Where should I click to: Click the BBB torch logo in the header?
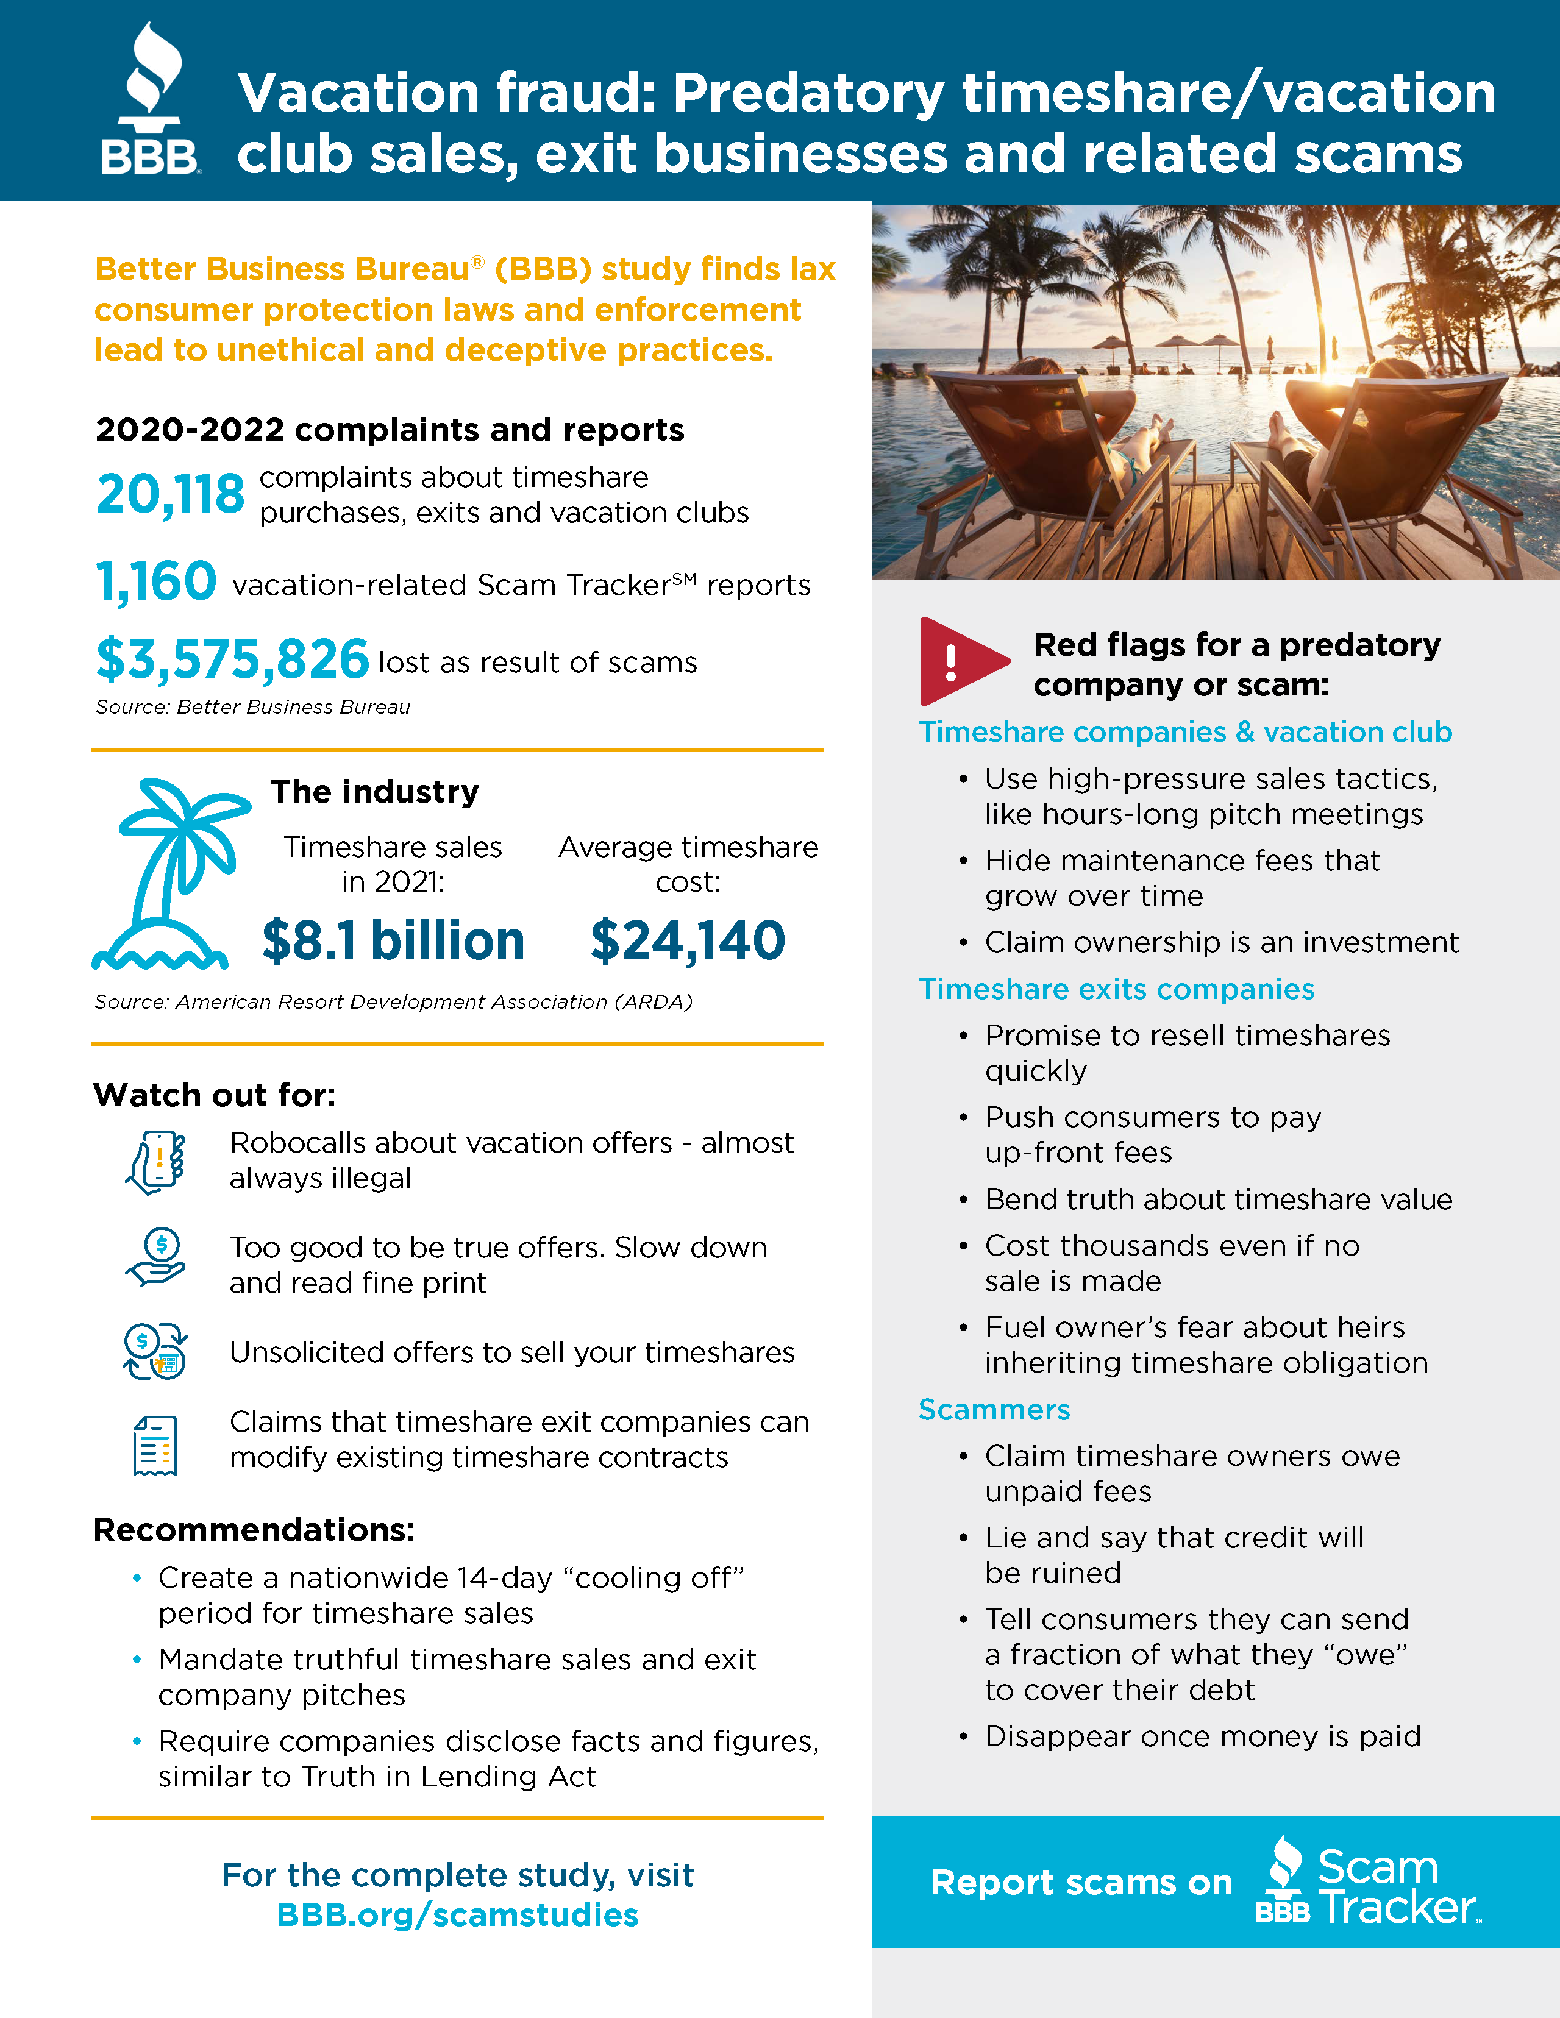point(151,100)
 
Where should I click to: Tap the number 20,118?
point(171,494)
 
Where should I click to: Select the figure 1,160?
point(156,582)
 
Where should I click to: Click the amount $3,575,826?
point(232,659)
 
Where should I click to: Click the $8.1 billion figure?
point(393,940)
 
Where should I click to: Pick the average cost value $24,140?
point(688,940)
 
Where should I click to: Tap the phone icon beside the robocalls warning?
point(156,1162)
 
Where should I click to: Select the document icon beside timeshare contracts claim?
point(155,1444)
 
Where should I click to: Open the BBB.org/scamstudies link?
point(457,1914)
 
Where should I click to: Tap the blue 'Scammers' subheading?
point(994,1409)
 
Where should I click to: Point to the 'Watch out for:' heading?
point(215,1095)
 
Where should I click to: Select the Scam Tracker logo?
point(1368,1882)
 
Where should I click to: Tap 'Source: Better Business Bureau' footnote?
point(252,707)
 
